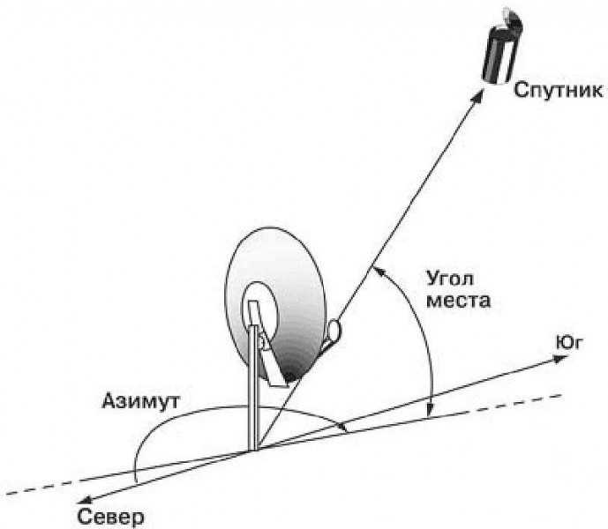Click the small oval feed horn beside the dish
pos(334,330)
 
